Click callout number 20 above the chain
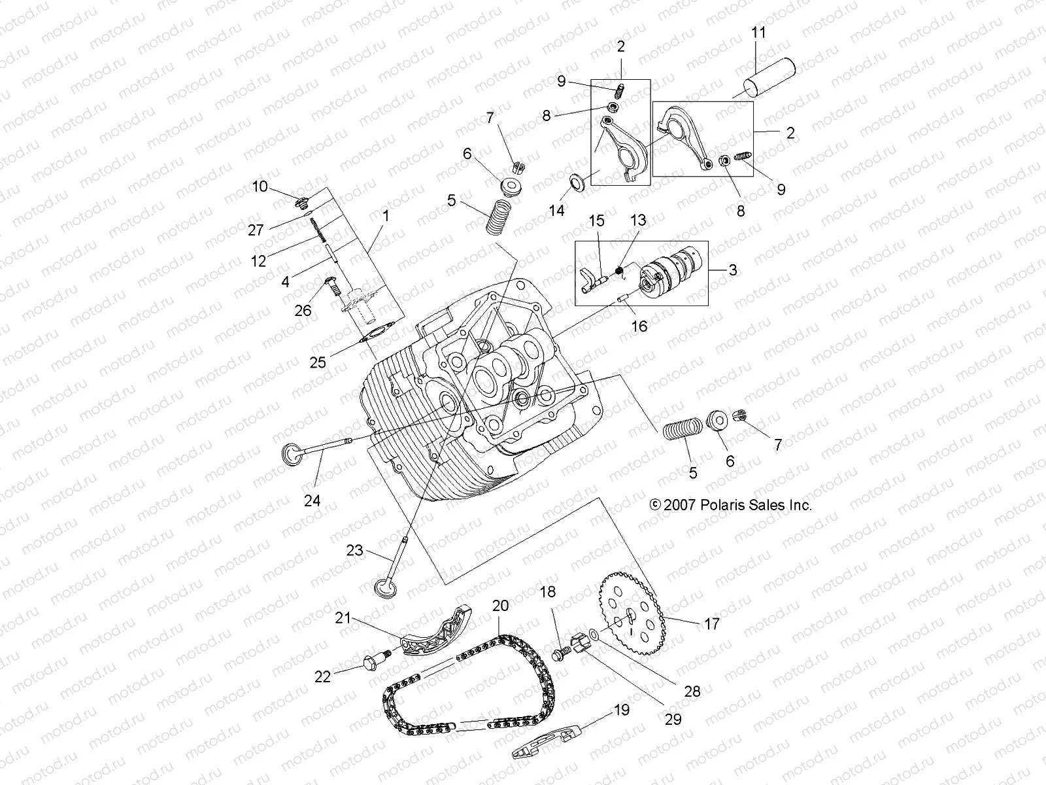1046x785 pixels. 500,606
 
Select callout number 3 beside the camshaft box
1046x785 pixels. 732,270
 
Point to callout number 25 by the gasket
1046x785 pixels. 318,361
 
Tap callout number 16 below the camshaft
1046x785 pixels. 639,325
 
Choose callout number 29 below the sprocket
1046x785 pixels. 673,719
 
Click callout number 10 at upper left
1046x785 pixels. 260,187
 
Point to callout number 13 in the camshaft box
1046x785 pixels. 638,220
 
